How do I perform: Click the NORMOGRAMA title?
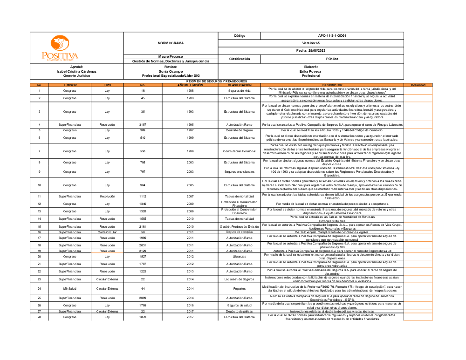[x=171, y=43]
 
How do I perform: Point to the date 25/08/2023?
[x=311, y=50]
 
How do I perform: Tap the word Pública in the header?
[x=332, y=59]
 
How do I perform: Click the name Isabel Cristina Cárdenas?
[x=76, y=71]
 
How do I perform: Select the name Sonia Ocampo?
[x=171, y=71]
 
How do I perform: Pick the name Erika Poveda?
[x=311, y=71]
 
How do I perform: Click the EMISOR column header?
[x=70, y=85]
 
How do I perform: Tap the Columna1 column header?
[x=418, y=85]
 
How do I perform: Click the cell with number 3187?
[x=143, y=125]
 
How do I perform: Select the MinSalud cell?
[x=70, y=289]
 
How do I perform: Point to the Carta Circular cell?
[x=107, y=232]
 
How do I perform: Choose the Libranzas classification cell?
[x=239, y=256]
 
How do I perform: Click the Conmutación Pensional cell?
[x=239, y=151]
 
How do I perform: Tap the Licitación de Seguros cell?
[x=239, y=279]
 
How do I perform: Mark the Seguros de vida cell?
[x=239, y=91]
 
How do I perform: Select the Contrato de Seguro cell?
[x=239, y=130]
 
